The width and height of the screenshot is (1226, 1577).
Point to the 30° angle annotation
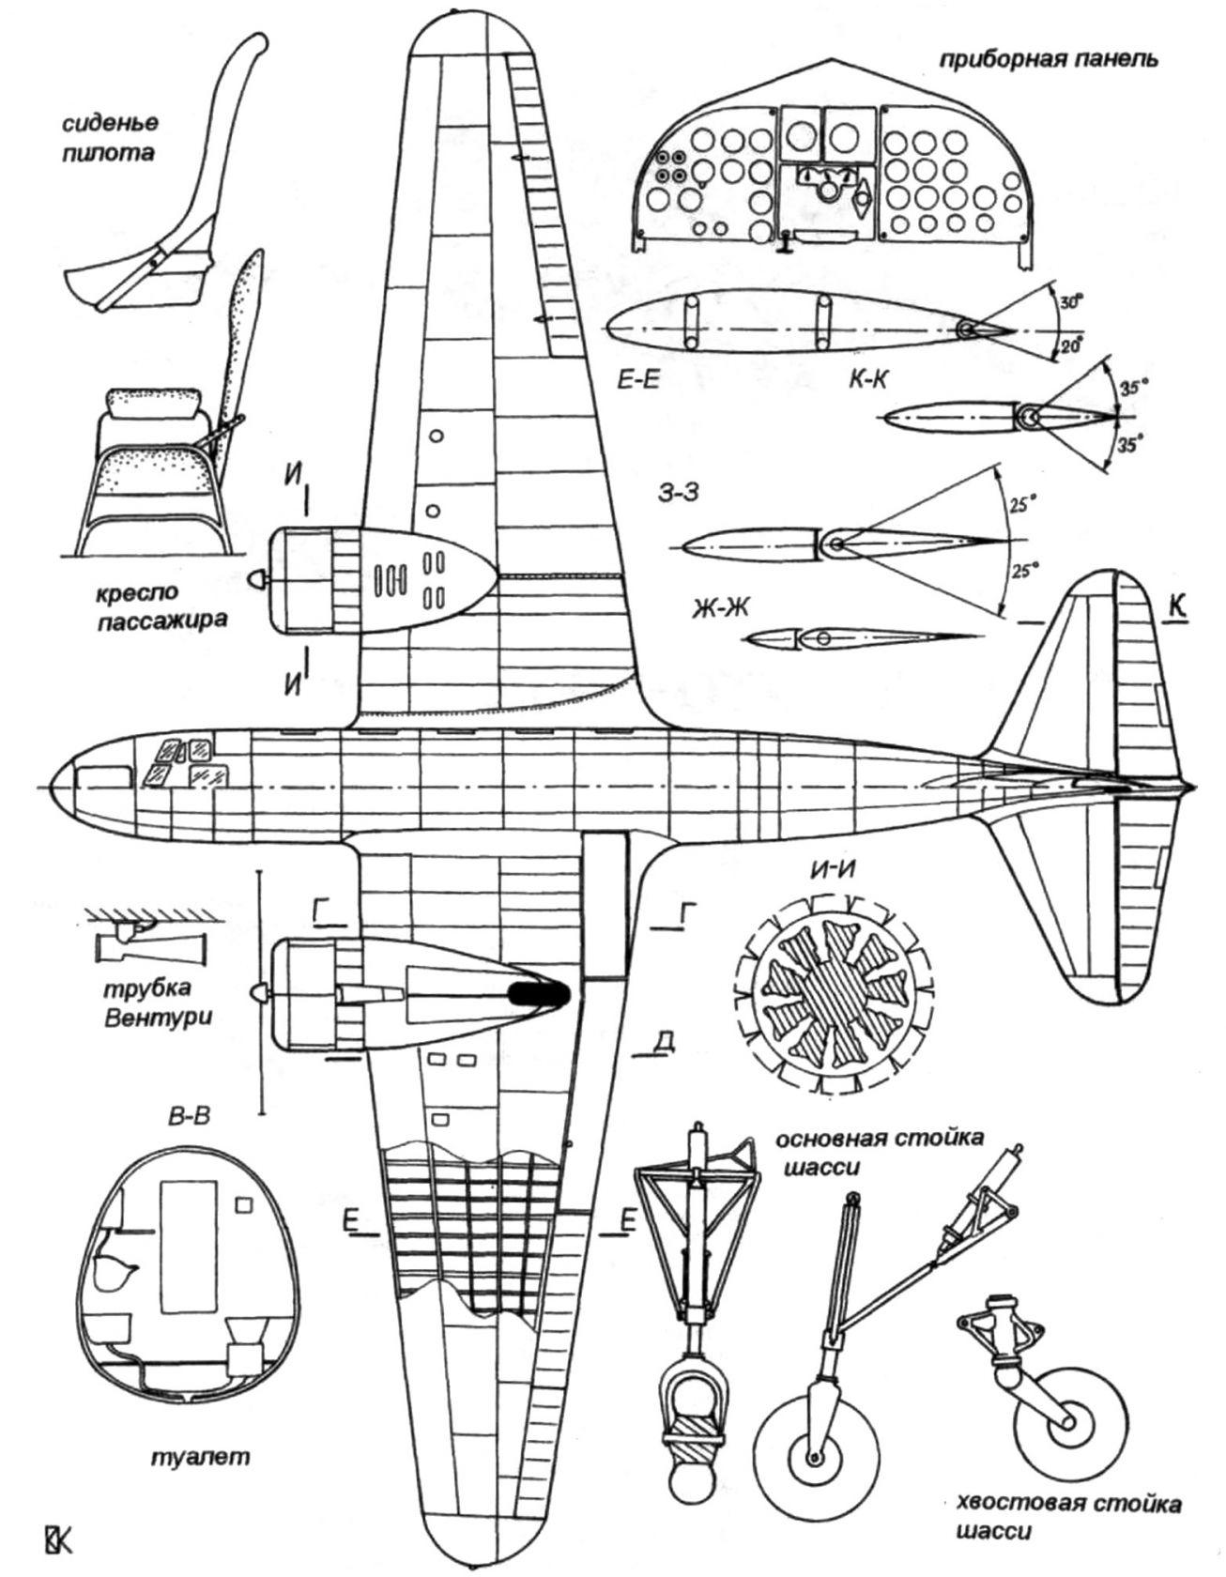click(1069, 304)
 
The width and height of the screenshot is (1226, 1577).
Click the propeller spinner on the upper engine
click(255, 581)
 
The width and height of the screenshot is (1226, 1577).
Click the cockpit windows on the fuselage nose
click(181, 760)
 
